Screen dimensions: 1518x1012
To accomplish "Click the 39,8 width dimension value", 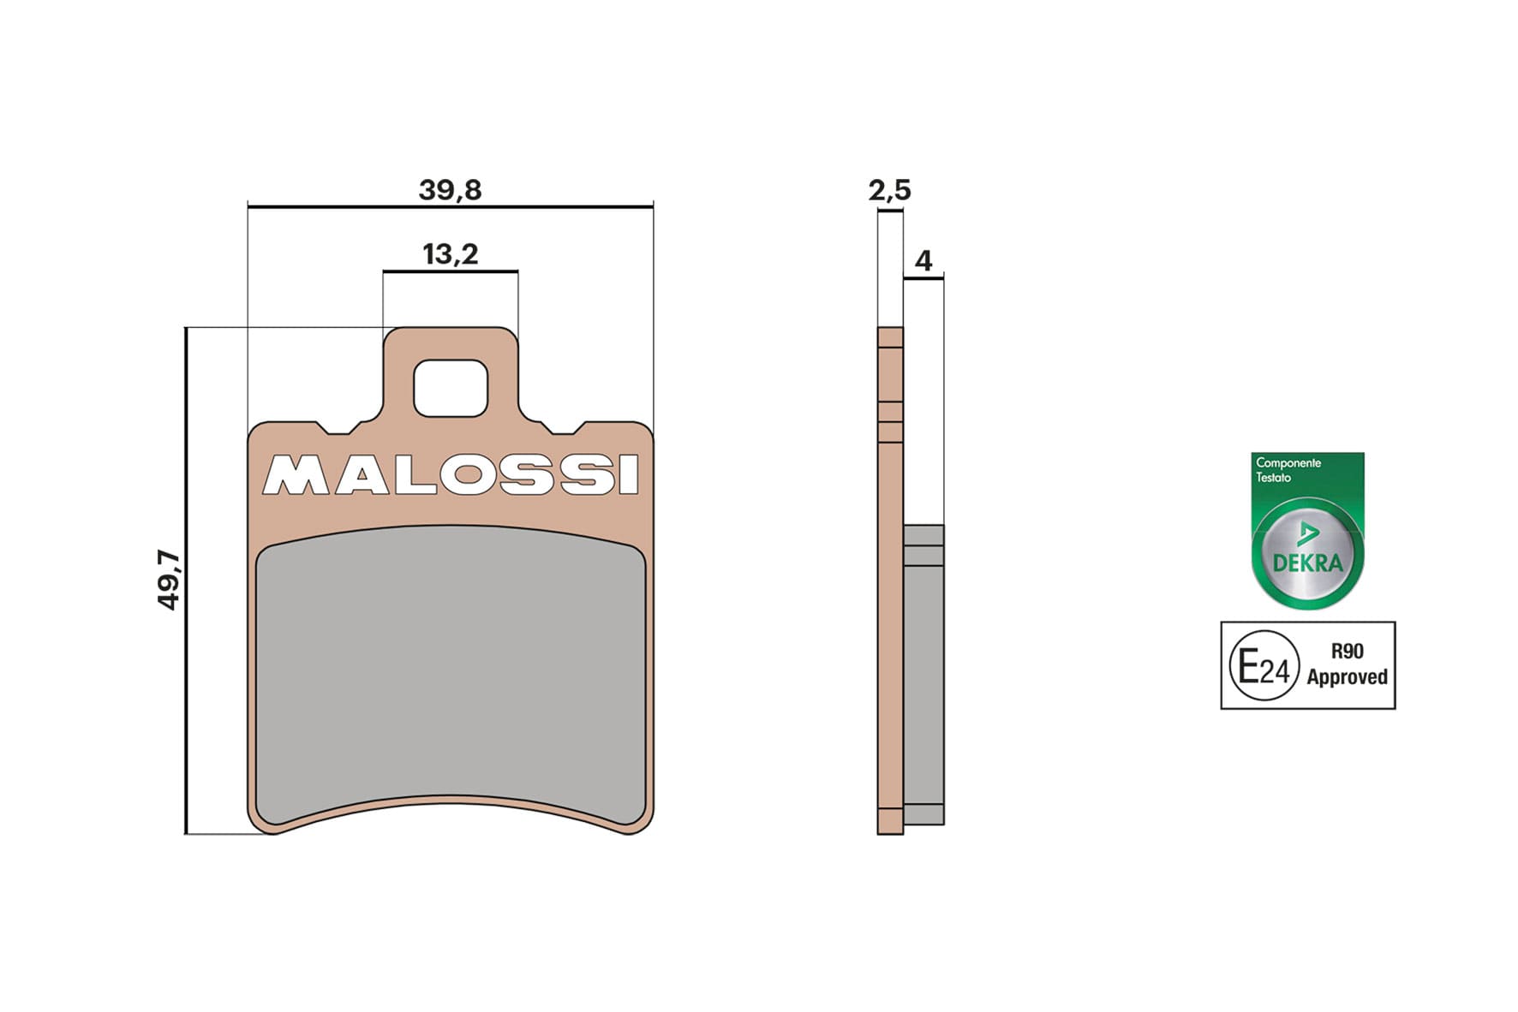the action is (x=450, y=189).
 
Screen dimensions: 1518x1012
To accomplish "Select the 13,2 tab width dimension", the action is (x=451, y=254).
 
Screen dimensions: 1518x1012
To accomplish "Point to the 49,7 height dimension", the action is (x=168, y=580).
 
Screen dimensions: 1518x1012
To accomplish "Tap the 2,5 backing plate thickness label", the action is (x=889, y=189).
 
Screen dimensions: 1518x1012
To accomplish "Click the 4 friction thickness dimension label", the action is (x=923, y=260).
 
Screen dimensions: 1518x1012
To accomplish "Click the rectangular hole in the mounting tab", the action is (x=451, y=389).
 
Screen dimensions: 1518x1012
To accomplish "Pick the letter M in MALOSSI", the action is (x=295, y=475).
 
